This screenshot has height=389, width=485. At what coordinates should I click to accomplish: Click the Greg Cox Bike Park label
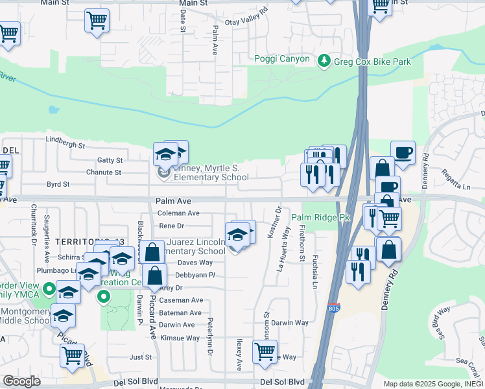point(372,62)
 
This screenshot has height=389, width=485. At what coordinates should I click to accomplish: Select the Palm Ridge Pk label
point(320,218)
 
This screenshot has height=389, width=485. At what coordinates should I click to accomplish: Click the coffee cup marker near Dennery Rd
point(403,153)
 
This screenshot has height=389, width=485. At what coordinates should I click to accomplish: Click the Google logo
point(21,381)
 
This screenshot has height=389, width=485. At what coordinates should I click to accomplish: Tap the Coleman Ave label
point(178,213)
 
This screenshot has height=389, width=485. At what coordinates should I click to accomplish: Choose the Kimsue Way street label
point(181,338)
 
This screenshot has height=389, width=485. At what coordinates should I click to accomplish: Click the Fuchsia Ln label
point(315,273)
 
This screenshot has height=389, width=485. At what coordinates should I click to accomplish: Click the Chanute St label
point(104,172)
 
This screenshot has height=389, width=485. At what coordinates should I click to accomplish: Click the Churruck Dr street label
point(34,224)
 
